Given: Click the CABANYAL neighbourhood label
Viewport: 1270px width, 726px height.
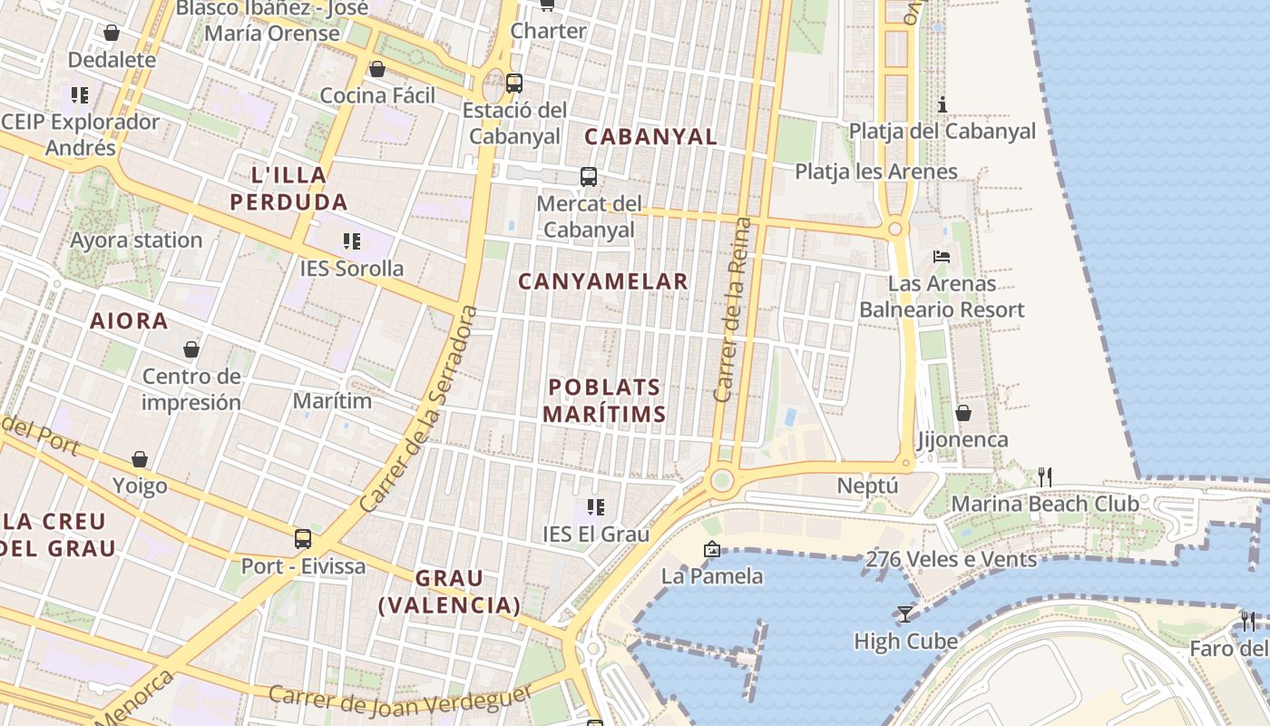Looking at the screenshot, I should tap(650, 137).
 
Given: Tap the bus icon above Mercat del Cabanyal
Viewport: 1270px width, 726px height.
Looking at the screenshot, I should tap(588, 177).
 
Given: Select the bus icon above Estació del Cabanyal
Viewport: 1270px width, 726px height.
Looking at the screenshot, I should tap(514, 83).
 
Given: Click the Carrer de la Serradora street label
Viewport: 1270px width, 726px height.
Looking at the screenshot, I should tap(418, 407).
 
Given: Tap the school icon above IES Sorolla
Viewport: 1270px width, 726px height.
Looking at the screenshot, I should tap(352, 241).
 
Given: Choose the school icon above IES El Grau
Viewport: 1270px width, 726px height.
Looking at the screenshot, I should tap(595, 506).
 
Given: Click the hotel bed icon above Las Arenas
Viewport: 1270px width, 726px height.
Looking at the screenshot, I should tap(942, 257).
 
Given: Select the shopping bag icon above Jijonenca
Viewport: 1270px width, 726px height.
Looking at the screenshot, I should tap(962, 414).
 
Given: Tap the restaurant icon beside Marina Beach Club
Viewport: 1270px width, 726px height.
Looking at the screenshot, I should tap(1044, 476).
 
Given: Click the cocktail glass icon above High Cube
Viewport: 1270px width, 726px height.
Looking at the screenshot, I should tap(904, 614).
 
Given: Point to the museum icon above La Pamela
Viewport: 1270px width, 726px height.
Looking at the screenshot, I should tap(711, 549).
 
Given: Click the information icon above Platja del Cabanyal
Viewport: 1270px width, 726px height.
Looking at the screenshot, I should tap(942, 104).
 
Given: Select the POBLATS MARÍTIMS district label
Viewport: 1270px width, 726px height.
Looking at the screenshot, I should tap(604, 400).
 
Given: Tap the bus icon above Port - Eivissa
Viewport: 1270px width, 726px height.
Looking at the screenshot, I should tap(303, 539).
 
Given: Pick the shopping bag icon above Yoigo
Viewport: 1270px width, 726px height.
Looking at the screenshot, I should tap(140, 459).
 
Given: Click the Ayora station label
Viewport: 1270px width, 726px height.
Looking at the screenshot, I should tap(136, 240).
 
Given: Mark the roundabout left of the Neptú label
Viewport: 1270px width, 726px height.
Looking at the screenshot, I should tap(722, 480).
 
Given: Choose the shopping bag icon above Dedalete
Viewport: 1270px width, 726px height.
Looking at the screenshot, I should tap(112, 34).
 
